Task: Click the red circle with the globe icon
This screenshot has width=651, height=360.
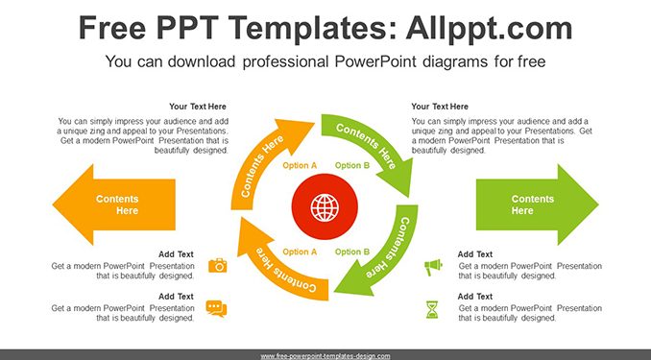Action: (325, 206)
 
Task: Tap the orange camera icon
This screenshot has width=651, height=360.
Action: (218, 265)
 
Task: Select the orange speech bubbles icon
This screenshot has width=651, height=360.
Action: (216, 308)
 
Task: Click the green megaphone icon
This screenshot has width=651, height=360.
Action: (433, 267)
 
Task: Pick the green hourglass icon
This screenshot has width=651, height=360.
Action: (432, 309)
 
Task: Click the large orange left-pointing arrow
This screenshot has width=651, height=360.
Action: (114, 204)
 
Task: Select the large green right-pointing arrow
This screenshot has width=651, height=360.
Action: (538, 204)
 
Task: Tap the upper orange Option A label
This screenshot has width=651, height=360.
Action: (300, 166)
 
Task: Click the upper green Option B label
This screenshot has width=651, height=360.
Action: (352, 166)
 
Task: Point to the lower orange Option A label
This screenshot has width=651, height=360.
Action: (300, 252)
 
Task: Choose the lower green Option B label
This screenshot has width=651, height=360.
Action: (352, 252)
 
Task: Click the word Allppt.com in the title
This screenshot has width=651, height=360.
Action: (489, 29)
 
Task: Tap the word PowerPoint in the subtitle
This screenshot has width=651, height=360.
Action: (374, 61)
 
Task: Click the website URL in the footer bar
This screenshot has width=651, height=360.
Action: (325, 356)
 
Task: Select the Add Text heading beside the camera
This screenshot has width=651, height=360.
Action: (176, 254)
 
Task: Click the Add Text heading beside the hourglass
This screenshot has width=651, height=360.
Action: (475, 297)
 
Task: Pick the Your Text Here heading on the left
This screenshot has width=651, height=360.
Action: (198, 107)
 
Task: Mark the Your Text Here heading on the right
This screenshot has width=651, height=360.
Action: (440, 107)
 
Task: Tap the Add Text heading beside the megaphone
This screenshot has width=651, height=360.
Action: (475, 254)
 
